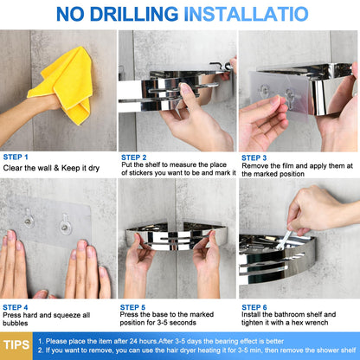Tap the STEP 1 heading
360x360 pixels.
click(16, 157)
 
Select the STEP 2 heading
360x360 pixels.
click(134, 157)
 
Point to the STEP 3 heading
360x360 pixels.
click(254, 157)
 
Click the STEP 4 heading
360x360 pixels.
click(16, 307)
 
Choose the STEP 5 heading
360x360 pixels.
click(132, 307)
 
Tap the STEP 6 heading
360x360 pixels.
click(254, 307)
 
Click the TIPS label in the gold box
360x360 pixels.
click(16, 345)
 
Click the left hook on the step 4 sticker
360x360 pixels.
click(29, 218)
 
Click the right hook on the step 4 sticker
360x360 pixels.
click(66, 224)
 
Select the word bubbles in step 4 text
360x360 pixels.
click(16, 323)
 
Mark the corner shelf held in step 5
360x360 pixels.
click(177, 235)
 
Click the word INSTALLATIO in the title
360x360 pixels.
click(246, 14)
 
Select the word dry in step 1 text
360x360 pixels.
click(93, 168)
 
